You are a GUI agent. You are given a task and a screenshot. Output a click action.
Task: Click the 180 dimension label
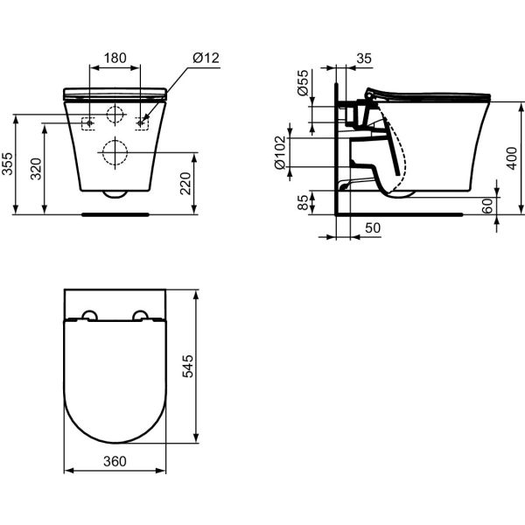(x=115, y=58)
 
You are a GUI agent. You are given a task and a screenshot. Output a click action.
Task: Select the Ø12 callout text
(x=206, y=58)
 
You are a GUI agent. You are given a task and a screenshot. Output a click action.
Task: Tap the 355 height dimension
(x=7, y=164)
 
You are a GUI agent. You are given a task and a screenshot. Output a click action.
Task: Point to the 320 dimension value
(x=36, y=169)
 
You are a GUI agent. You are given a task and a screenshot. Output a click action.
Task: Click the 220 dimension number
(x=185, y=183)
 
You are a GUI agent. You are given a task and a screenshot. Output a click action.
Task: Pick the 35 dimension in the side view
(x=364, y=59)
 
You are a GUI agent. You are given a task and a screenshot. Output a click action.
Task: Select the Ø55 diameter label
(x=303, y=83)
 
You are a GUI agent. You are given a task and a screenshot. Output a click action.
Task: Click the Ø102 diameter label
(x=280, y=152)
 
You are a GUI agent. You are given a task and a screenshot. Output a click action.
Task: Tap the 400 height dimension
(x=512, y=158)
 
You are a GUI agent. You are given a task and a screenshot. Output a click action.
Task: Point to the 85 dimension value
(x=303, y=202)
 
